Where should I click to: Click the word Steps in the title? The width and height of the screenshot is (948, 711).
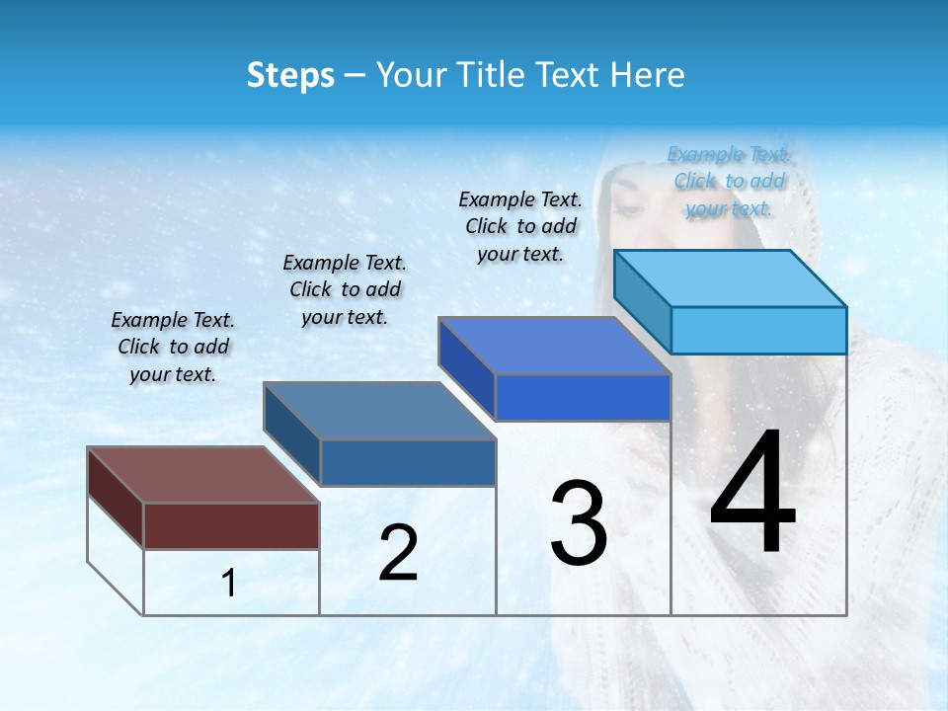pyautogui.click(x=290, y=75)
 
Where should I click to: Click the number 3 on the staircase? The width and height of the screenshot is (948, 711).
pyautogui.click(x=579, y=523)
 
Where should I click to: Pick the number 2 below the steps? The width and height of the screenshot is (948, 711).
pyautogui.click(x=398, y=553)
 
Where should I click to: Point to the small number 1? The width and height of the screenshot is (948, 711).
pyautogui.click(x=228, y=584)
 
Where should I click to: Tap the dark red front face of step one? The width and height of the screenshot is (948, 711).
pyautogui.click(x=231, y=525)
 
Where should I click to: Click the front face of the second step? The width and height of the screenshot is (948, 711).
pyautogui.click(x=408, y=462)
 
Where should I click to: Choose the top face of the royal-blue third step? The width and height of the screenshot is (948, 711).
pyautogui.click(x=554, y=346)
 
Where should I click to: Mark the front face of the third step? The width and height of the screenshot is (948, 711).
pyautogui.click(x=583, y=398)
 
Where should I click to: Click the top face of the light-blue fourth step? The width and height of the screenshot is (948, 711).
pyautogui.click(x=730, y=278)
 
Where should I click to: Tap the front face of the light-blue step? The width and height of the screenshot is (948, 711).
pyautogui.click(x=758, y=330)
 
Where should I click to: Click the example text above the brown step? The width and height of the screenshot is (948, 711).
pyautogui.click(x=173, y=347)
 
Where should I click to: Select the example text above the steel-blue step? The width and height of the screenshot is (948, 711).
pyautogui.click(x=345, y=289)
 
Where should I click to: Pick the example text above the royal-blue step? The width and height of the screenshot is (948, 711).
pyautogui.click(x=520, y=226)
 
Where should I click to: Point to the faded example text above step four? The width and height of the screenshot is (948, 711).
pyautogui.click(x=729, y=181)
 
